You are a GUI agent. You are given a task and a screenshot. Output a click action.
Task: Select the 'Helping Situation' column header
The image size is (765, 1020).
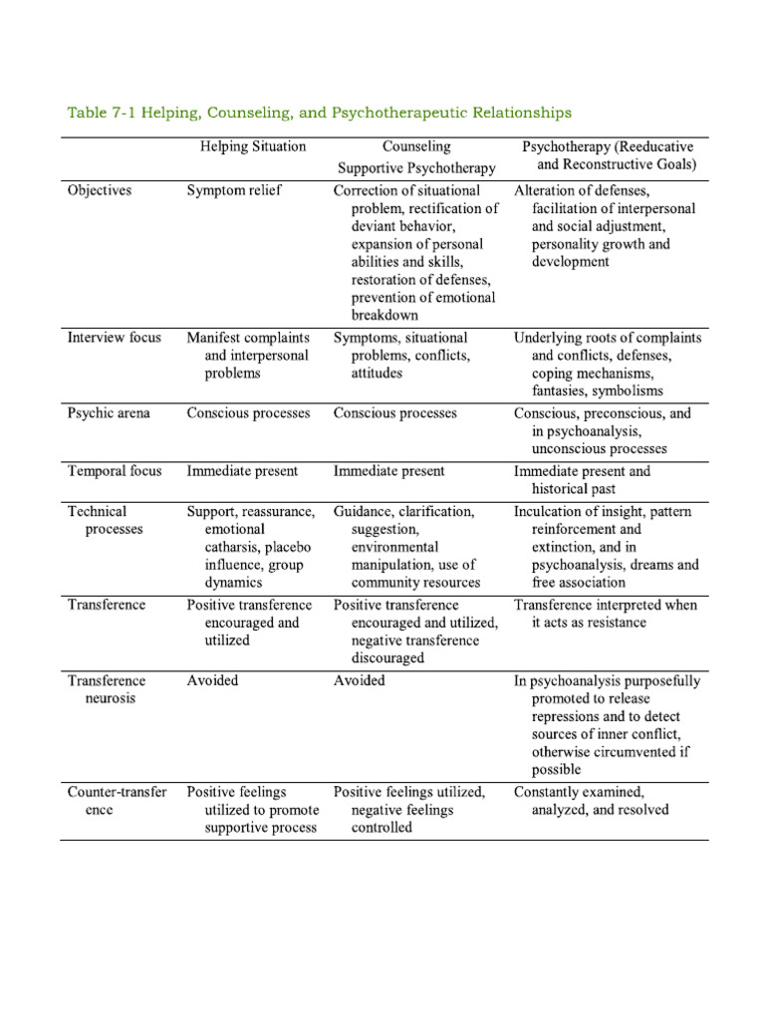[x=253, y=146]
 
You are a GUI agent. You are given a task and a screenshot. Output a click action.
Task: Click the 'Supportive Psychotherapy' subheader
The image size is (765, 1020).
[x=415, y=168]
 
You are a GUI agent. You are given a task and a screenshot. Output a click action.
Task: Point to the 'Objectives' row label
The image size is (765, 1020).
[x=99, y=190]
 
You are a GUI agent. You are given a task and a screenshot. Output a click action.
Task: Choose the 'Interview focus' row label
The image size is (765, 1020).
[x=114, y=338]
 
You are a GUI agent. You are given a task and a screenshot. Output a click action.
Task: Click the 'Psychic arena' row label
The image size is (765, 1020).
[x=109, y=412]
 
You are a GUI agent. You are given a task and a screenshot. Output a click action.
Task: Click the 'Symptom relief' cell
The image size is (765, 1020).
[x=234, y=190]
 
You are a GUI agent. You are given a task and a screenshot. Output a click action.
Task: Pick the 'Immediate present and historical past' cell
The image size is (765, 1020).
[x=582, y=480]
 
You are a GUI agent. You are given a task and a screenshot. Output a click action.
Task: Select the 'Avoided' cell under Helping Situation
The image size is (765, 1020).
[x=212, y=680]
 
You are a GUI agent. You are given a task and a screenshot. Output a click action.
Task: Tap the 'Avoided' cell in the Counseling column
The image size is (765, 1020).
[x=359, y=680]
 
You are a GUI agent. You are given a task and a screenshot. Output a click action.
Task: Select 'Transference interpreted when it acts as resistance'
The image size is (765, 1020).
[x=605, y=614]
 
